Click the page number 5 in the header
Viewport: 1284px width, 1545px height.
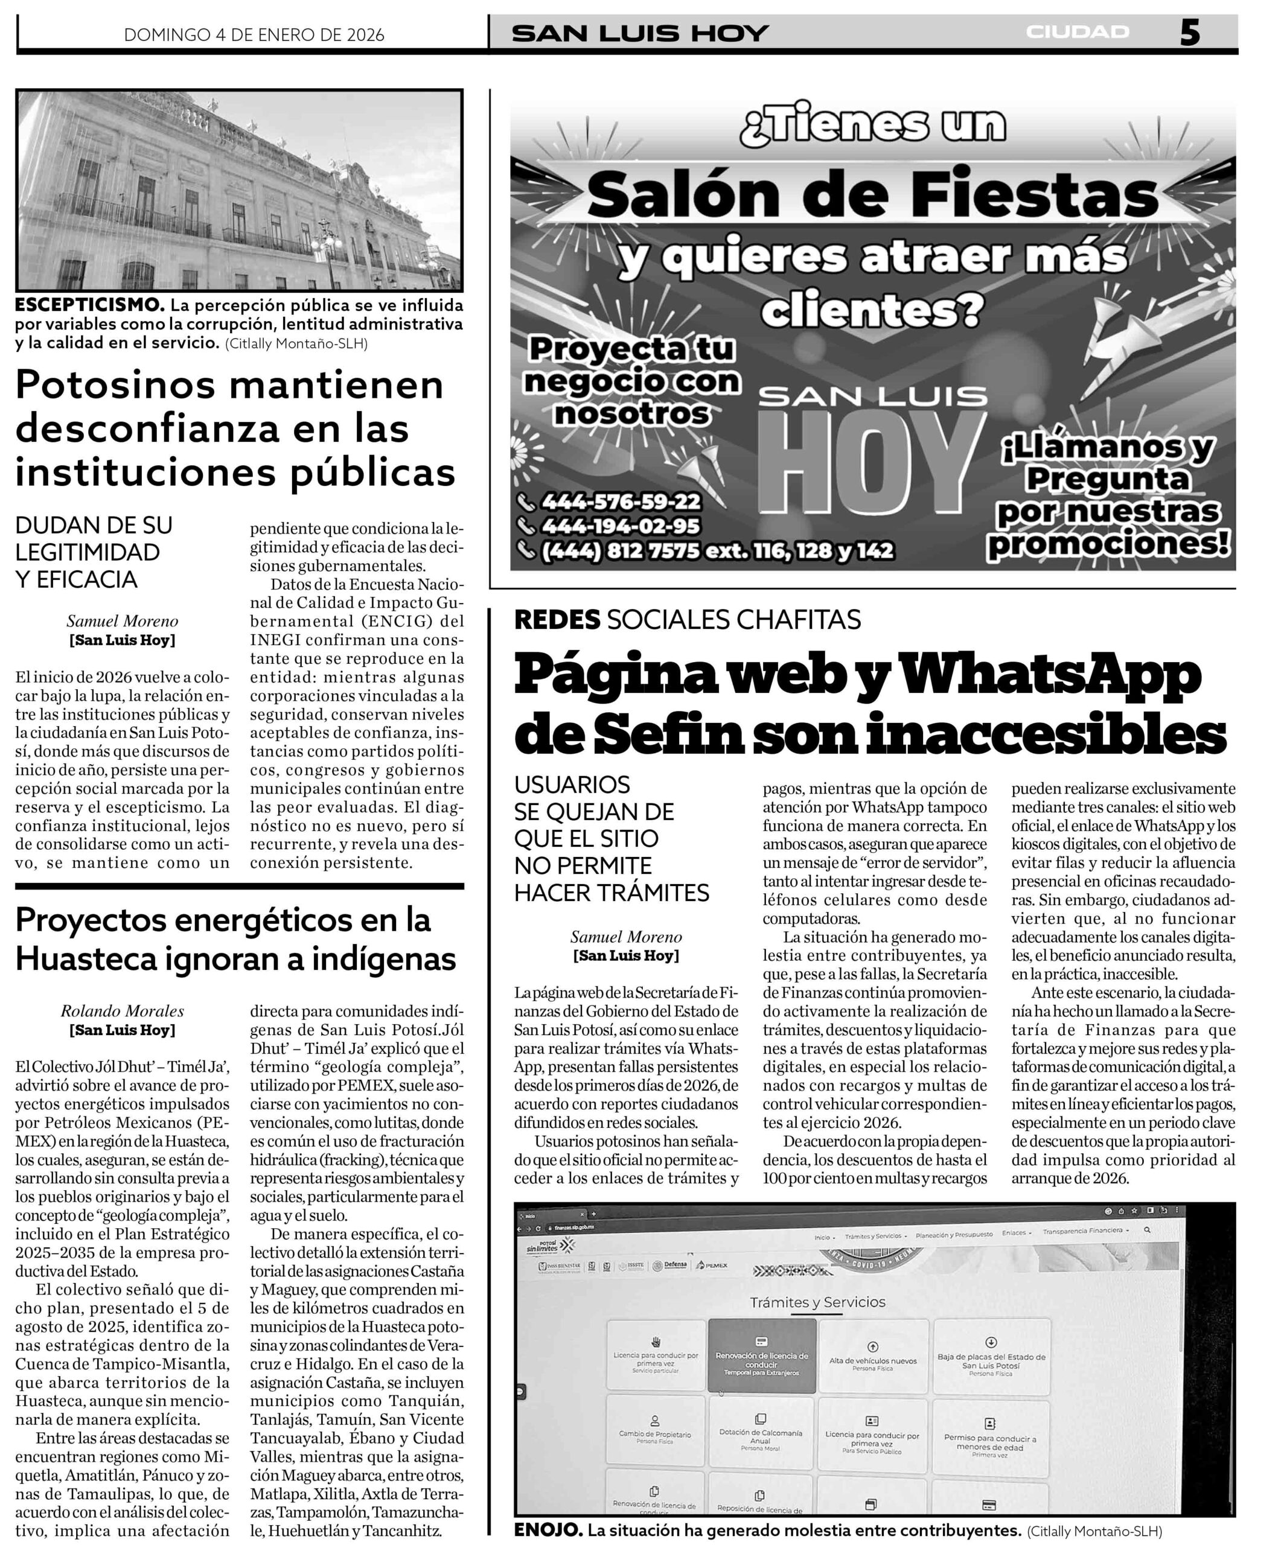click(x=1189, y=33)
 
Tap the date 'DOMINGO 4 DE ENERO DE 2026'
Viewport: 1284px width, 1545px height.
click(x=254, y=34)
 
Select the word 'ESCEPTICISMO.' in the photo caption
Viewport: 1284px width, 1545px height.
click(x=90, y=305)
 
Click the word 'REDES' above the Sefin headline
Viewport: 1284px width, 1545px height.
click(x=557, y=620)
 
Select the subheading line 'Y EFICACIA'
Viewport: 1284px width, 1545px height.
click(x=76, y=580)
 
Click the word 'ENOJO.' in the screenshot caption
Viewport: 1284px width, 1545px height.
click(x=547, y=1531)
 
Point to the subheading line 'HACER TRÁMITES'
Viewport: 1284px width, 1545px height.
click(x=612, y=893)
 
